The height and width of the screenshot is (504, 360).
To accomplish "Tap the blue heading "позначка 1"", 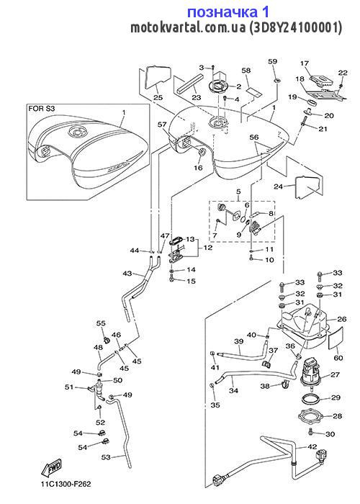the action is click(x=228, y=12).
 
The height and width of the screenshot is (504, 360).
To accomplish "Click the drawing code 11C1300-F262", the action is click(x=66, y=484).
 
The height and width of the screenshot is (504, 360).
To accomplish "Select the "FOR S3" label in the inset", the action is click(x=42, y=109).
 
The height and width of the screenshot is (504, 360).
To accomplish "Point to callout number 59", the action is click(x=273, y=61).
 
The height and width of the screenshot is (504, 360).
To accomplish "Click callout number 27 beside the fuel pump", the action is click(x=336, y=374).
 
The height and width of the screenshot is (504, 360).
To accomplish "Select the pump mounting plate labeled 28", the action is click(x=311, y=417).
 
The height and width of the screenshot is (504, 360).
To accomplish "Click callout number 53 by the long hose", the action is click(x=106, y=456).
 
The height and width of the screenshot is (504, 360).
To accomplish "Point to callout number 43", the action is click(x=127, y=273).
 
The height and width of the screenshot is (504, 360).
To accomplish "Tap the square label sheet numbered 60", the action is click(x=336, y=338).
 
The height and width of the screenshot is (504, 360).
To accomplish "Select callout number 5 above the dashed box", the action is click(x=238, y=192).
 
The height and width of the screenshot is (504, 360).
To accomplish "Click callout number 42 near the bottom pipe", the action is click(x=312, y=447).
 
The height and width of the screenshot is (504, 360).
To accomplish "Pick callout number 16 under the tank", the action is click(x=198, y=168).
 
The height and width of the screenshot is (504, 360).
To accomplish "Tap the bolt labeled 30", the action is click(x=310, y=431).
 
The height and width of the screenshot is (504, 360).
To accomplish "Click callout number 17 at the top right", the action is click(x=305, y=63).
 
